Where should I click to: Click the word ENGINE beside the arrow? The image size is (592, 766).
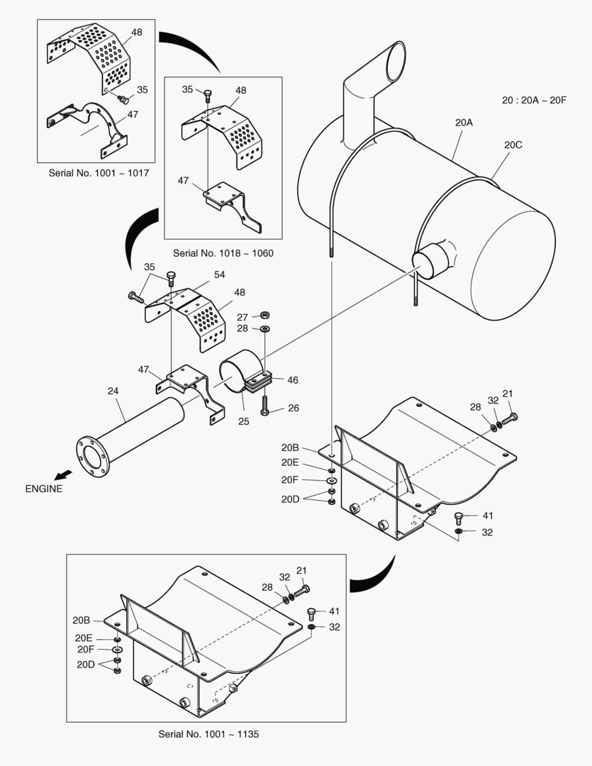coord(44,488)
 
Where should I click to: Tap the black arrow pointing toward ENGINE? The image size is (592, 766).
coord(63,473)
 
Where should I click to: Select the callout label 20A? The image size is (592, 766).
coord(464,122)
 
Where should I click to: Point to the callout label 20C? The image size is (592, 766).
coord(513,145)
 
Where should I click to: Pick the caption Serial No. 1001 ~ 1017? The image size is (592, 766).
coord(99,172)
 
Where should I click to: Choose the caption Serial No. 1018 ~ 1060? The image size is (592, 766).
coord(223,252)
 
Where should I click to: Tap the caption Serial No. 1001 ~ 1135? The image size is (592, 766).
coord(208,734)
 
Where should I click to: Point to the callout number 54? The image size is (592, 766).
coord(220,274)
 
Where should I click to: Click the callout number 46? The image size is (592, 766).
coord(292,380)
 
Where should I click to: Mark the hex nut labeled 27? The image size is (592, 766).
coord(264,316)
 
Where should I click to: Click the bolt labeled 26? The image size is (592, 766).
coord(264,405)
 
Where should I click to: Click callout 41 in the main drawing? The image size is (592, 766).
coord(488,516)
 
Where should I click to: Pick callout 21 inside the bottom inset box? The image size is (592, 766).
coord(302,570)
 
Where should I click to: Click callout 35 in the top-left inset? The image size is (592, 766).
coord(143,90)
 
